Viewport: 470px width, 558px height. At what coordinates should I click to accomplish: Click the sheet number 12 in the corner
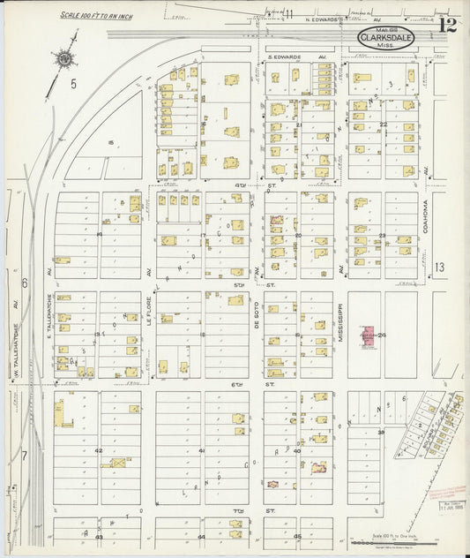447,23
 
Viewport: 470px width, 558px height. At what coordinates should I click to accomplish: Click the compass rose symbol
63,60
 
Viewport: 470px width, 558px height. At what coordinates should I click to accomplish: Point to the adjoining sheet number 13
441,267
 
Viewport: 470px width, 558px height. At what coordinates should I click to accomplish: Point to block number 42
99,451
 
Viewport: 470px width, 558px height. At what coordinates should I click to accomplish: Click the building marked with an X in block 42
116,461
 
